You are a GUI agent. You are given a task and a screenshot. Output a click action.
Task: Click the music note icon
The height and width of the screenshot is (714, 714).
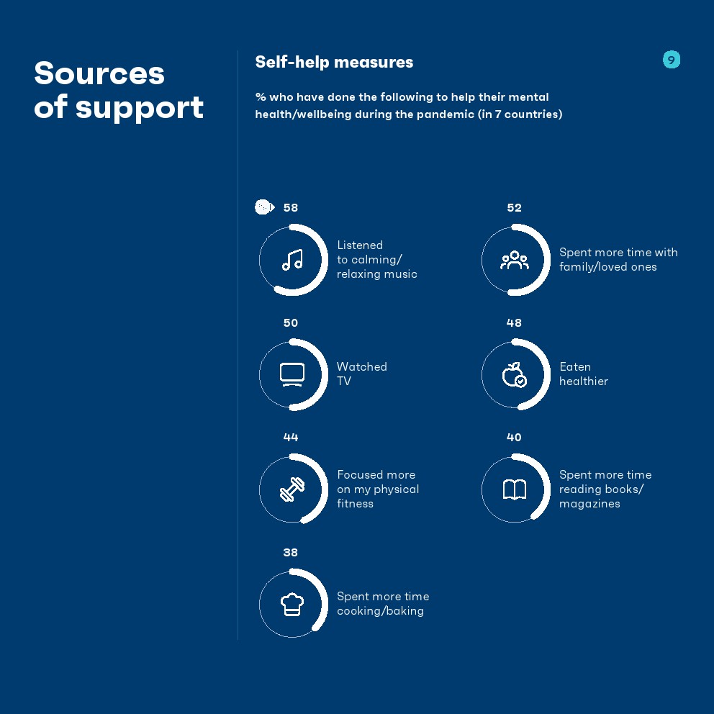(x=292, y=260)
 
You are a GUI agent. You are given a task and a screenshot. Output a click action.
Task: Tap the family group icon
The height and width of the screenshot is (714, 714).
(x=515, y=260)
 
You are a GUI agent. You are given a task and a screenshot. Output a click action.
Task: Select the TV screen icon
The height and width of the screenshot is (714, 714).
(x=292, y=375)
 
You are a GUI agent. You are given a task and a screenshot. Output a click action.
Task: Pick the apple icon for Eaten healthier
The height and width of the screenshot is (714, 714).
(x=515, y=375)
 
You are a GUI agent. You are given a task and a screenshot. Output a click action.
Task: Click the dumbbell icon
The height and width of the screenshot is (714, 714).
(x=292, y=489)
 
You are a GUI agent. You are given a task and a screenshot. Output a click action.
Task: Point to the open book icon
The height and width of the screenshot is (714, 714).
(x=515, y=489)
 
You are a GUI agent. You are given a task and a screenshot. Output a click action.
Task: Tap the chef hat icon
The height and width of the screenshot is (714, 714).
(x=292, y=605)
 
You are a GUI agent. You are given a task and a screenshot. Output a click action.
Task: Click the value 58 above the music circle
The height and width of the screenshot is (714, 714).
(x=291, y=207)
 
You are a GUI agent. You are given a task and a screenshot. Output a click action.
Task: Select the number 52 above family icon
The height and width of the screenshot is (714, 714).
(x=514, y=207)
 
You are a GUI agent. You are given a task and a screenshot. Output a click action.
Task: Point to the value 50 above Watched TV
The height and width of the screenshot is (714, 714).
(x=291, y=323)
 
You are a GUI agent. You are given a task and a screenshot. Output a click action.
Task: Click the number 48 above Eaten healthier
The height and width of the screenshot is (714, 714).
(x=514, y=323)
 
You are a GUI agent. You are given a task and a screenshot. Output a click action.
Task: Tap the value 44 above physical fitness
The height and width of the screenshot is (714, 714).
(x=291, y=437)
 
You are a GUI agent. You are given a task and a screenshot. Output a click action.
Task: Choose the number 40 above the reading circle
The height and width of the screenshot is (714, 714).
(x=514, y=437)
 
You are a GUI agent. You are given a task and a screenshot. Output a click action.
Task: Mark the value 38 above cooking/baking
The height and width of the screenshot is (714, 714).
(x=291, y=552)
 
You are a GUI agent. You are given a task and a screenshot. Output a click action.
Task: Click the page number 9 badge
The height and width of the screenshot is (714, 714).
(x=672, y=60)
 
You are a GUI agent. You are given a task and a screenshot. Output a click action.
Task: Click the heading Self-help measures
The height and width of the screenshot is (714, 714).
(x=334, y=62)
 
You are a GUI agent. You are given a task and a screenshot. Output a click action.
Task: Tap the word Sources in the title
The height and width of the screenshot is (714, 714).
(x=99, y=73)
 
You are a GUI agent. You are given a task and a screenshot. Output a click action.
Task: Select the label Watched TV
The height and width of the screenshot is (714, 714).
(x=361, y=374)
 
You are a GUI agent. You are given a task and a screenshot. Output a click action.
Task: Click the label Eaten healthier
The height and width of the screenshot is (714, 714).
(x=583, y=374)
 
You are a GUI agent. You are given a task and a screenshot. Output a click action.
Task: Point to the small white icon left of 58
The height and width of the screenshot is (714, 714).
(x=265, y=207)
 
